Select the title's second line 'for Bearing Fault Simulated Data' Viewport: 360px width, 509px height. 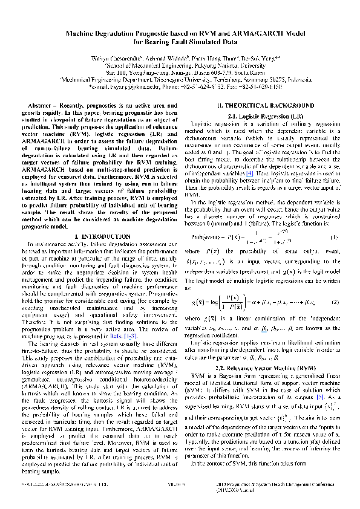click(x=180, y=43)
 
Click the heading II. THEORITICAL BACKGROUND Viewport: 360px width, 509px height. click(x=266, y=105)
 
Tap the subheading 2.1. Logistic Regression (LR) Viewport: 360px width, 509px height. click(x=266, y=114)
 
